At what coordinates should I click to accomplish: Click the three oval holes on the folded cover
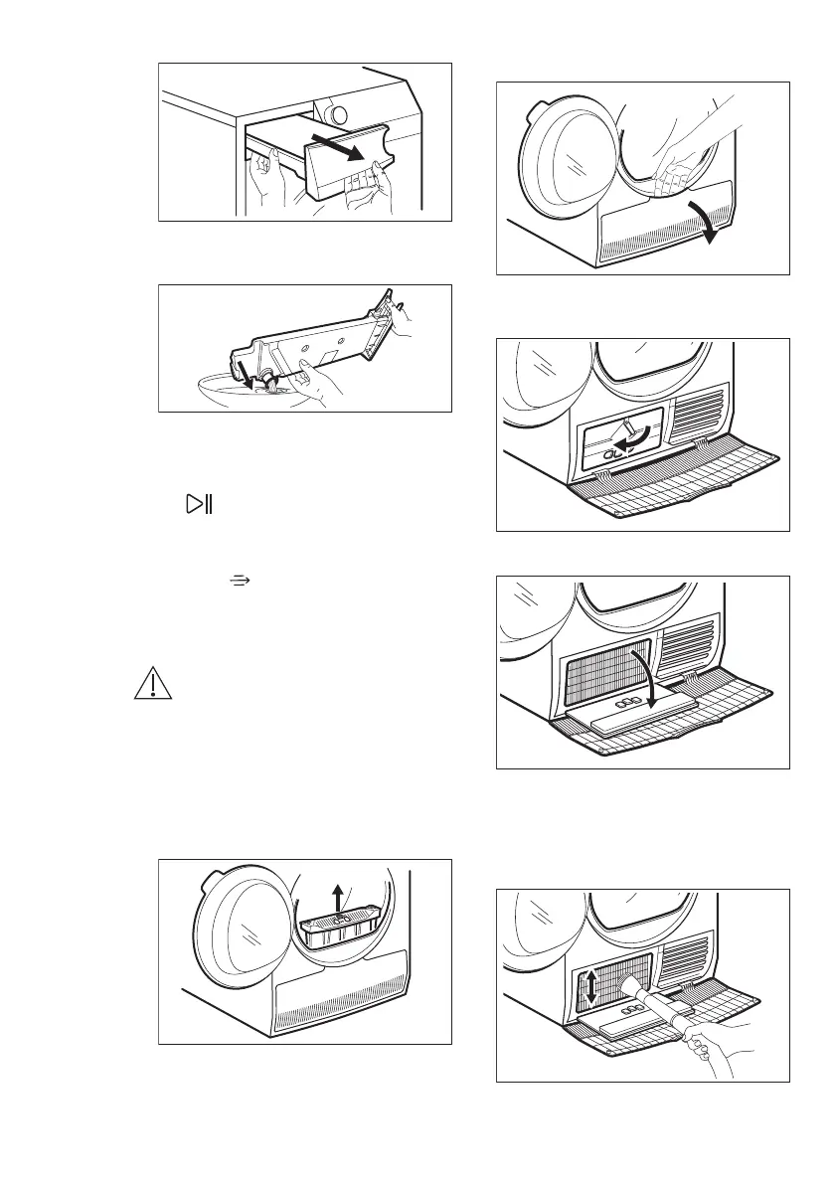(619, 703)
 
